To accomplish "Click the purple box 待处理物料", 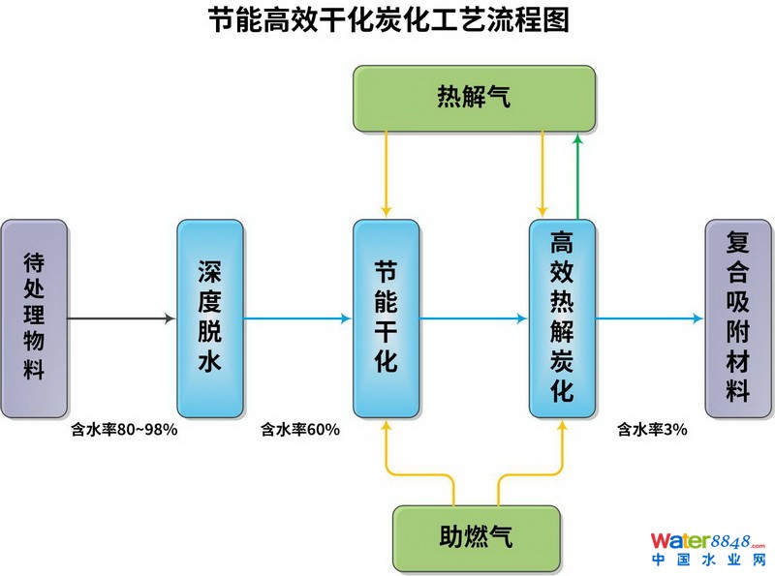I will point(35,318).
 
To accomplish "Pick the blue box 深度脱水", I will point(210,318).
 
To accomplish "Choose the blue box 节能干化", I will point(386,318).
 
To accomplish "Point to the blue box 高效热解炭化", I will point(562,318).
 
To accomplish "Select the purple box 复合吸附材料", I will point(738,318).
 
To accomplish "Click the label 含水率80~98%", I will point(124,430).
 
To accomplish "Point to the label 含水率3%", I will point(652,430).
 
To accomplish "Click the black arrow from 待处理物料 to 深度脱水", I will point(122,318).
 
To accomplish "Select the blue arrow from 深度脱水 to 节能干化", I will point(298,318).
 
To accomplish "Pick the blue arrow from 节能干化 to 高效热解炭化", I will point(474,318).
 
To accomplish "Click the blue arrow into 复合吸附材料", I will point(649,318).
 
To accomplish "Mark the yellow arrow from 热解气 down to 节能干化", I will point(386,174).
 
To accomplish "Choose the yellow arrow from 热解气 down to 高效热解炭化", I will point(543,174).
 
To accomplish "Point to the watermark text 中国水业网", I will point(708,561).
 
